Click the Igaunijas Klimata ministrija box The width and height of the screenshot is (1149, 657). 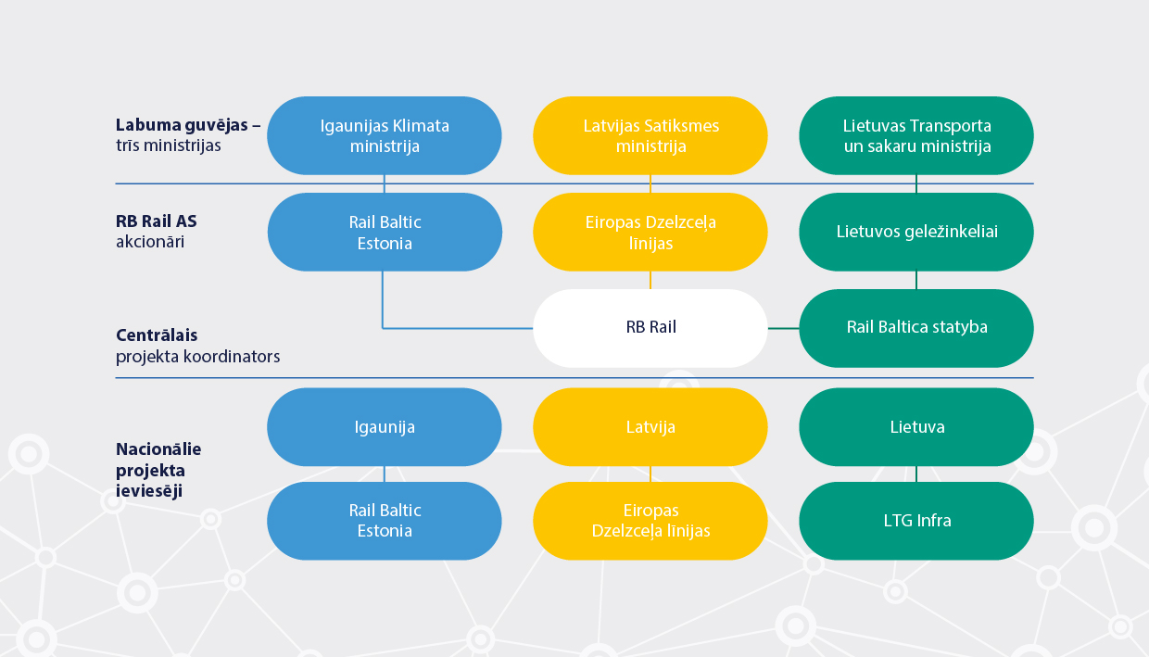click(x=385, y=135)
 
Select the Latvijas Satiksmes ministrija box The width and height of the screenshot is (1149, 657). click(x=650, y=135)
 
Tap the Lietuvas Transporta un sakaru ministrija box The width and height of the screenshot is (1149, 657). click(x=916, y=135)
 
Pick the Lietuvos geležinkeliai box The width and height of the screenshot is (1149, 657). click(x=916, y=232)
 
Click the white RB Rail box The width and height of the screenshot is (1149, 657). click(x=650, y=327)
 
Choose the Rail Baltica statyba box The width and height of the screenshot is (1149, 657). click(x=916, y=327)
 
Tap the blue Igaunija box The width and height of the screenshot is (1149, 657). click(x=385, y=427)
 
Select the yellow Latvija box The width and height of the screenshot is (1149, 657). click(x=650, y=427)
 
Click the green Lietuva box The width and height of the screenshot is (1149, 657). click(x=916, y=427)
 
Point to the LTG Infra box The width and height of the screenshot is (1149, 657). click(x=916, y=521)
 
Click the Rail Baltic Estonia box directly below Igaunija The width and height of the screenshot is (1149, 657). click(x=385, y=521)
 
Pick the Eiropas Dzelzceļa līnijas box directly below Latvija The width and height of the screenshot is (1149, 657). click(x=650, y=521)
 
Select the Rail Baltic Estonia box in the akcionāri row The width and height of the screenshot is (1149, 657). click(x=385, y=232)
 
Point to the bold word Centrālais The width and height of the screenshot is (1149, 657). click(x=157, y=335)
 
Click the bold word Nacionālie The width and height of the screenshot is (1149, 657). click(x=158, y=449)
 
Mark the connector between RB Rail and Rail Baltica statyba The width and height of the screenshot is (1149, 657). click(x=783, y=328)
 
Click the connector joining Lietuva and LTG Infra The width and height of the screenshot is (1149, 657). click(x=916, y=474)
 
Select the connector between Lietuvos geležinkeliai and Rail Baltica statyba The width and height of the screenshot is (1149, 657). click(x=916, y=280)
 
